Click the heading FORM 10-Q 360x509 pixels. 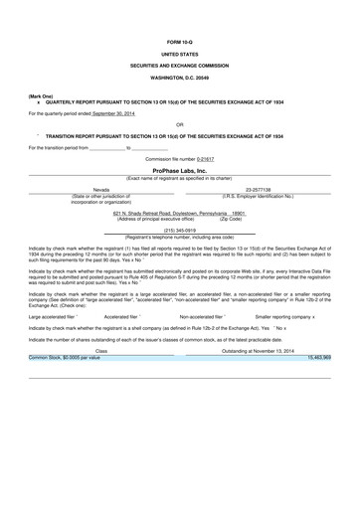tap(179, 40)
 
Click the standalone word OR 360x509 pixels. tap(179, 124)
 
